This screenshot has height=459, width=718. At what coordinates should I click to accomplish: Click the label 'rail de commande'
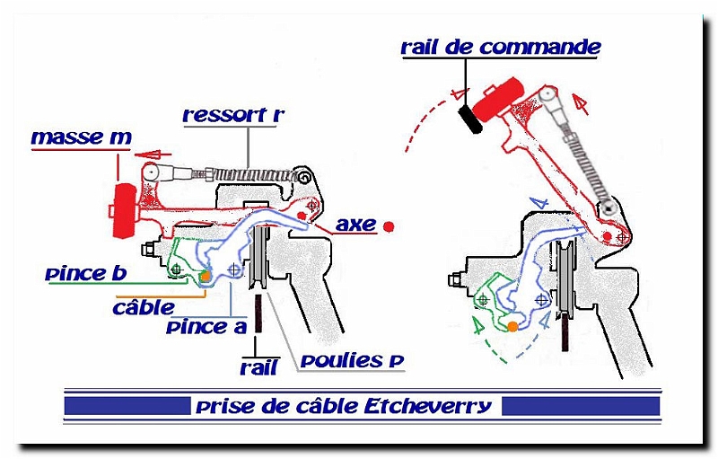coord(501,47)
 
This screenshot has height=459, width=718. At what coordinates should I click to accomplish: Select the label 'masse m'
coord(81,137)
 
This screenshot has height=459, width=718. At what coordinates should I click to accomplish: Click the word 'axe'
coord(356,224)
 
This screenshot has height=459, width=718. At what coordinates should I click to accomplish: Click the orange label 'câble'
coord(143,306)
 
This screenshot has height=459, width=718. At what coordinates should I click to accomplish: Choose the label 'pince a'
coord(206,327)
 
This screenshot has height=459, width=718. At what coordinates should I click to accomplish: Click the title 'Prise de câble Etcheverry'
coord(344,406)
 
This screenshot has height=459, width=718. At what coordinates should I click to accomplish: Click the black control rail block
coord(469,119)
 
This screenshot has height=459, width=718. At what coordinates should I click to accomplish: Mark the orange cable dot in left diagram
coord(206,278)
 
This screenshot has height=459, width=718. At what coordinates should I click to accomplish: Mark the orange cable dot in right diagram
coord(512,326)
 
